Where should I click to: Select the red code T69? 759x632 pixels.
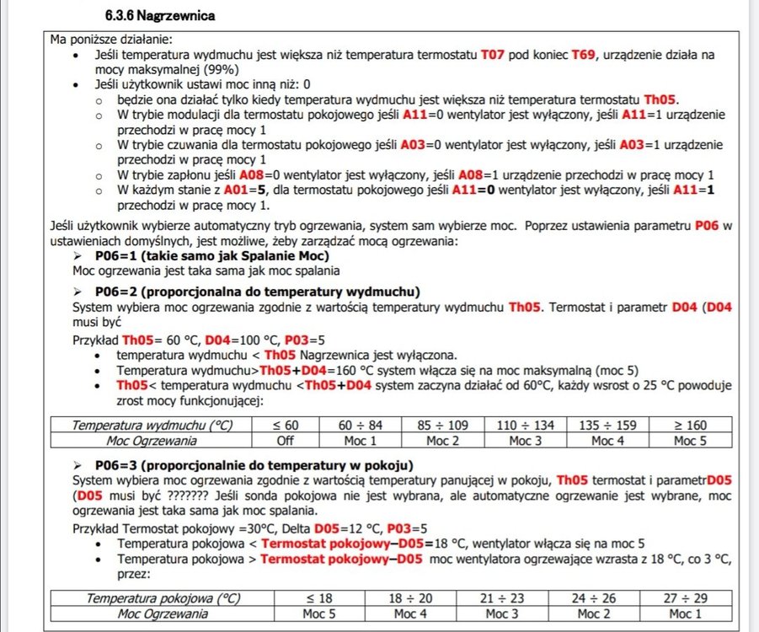pos(584,55)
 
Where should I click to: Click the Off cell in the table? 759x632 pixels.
pos(285,440)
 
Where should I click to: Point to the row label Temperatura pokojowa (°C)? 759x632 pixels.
pos(154,598)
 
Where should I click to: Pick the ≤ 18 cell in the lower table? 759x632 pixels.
pos(319,598)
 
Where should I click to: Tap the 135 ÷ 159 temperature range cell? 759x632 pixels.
pos(603,426)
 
